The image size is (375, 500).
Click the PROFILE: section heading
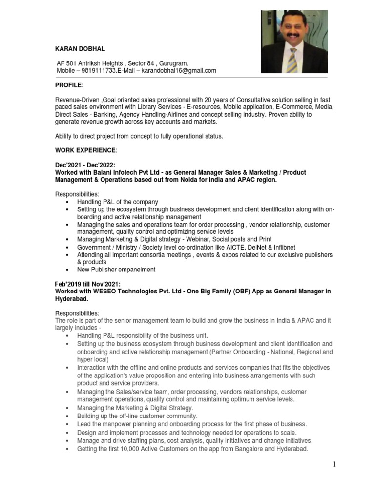click(69, 85)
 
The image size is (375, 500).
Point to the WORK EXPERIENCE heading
click(86, 149)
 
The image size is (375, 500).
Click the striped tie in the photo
click(292, 58)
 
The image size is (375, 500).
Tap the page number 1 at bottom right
click(334, 464)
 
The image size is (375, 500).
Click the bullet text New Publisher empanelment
click(116, 269)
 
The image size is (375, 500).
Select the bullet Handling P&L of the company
click(117, 202)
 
